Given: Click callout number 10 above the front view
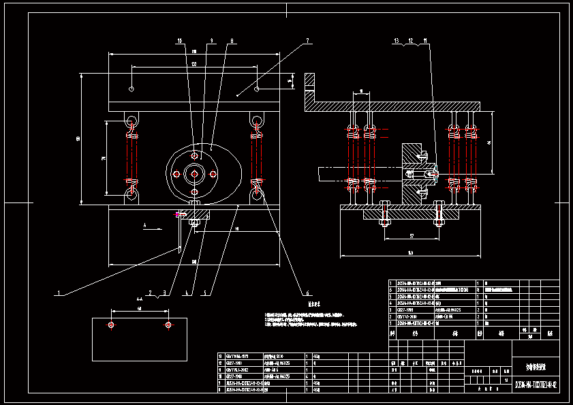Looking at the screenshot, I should tap(180, 41).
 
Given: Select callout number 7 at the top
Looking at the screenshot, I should tap(307, 41).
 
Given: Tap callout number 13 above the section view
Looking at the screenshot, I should tap(395, 42).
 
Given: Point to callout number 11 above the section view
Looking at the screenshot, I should tap(426, 42).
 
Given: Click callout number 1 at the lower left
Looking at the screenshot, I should tap(59, 293).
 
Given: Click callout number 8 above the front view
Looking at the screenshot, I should tap(232, 41).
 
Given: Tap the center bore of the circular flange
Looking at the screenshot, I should tap(196, 174).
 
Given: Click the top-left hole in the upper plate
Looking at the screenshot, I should tap(130, 89).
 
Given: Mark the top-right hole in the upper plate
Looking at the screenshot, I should tap(256, 89).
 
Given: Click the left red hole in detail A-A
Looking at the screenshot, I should tap(111, 326).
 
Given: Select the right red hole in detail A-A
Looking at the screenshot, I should tap(168, 326).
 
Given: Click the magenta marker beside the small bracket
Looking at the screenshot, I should tap(180, 215).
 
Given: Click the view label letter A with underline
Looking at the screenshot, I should tap(144, 223).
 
